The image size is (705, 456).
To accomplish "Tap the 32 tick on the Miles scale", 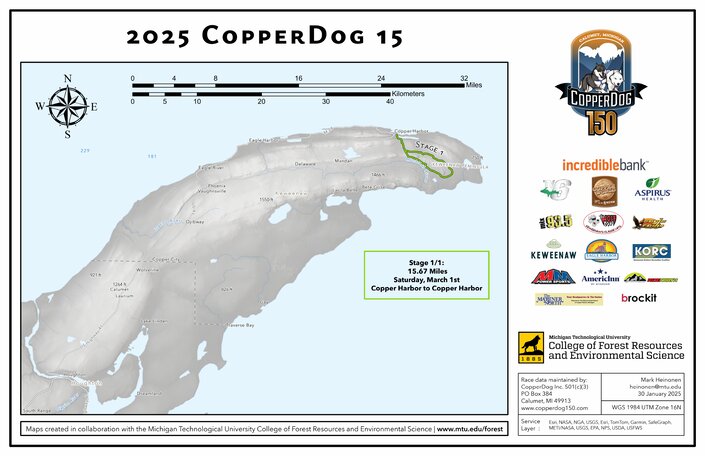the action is click(x=464, y=78).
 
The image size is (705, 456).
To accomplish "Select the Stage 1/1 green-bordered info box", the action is click(x=426, y=275).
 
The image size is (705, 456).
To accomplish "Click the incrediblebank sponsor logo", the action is click(x=604, y=163).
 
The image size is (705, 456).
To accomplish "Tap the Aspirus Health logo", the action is click(x=657, y=189).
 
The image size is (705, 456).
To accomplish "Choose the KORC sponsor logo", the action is click(x=651, y=252).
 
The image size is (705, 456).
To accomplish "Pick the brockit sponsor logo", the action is click(x=638, y=298).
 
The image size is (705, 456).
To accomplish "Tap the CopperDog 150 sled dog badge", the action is click(x=603, y=82).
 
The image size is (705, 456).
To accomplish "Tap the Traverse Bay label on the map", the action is click(x=245, y=327).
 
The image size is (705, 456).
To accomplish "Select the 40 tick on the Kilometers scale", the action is click(x=390, y=102).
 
